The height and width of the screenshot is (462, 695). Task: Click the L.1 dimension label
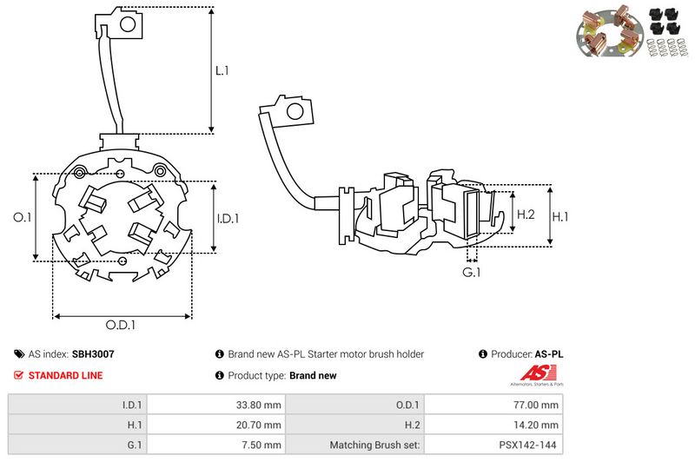click(222, 70)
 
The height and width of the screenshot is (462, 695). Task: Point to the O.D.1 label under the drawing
click(122, 326)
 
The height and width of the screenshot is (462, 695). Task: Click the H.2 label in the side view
click(526, 214)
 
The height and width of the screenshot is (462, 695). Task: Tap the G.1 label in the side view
click(472, 274)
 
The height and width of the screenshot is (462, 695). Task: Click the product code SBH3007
click(93, 354)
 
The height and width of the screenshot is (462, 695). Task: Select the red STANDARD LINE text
click(65, 376)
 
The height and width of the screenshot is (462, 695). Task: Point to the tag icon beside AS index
click(19, 354)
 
